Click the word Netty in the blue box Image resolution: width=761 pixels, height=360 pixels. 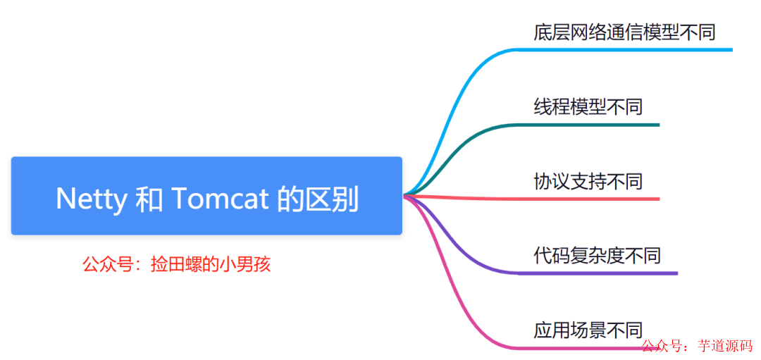90,199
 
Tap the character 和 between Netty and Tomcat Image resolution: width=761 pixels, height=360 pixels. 148,199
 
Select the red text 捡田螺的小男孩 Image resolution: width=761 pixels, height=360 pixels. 211,265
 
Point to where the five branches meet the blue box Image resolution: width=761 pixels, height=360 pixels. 404,195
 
